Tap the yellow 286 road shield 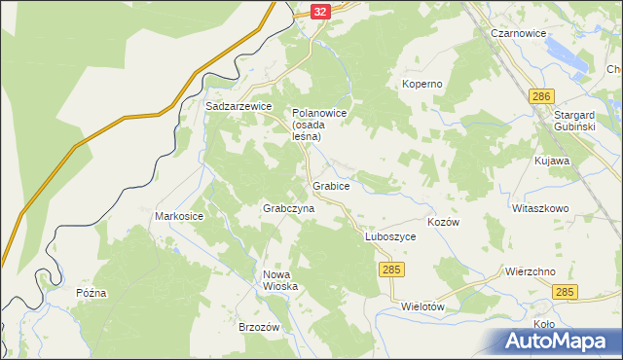pyautogui.click(x=542, y=95)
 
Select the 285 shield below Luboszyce pyautogui.click(x=391, y=268)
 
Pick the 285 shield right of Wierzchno pyautogui.click(x=565, y=292)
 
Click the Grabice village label pyautogui.click(x=331, y=184)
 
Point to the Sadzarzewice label pyautogui.click(x=238, y=106)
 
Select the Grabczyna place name pyautogui.click(x=288, y=209)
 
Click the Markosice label pyautogui.click(x=179, y=215)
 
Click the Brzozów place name pyautogui.click(x=259, y=328)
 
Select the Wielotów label pyautogui.click(x=423, y=306)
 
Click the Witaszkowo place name pyautogui.click(x=539, y=208)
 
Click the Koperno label pyautogui.click(x=422, y=84)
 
